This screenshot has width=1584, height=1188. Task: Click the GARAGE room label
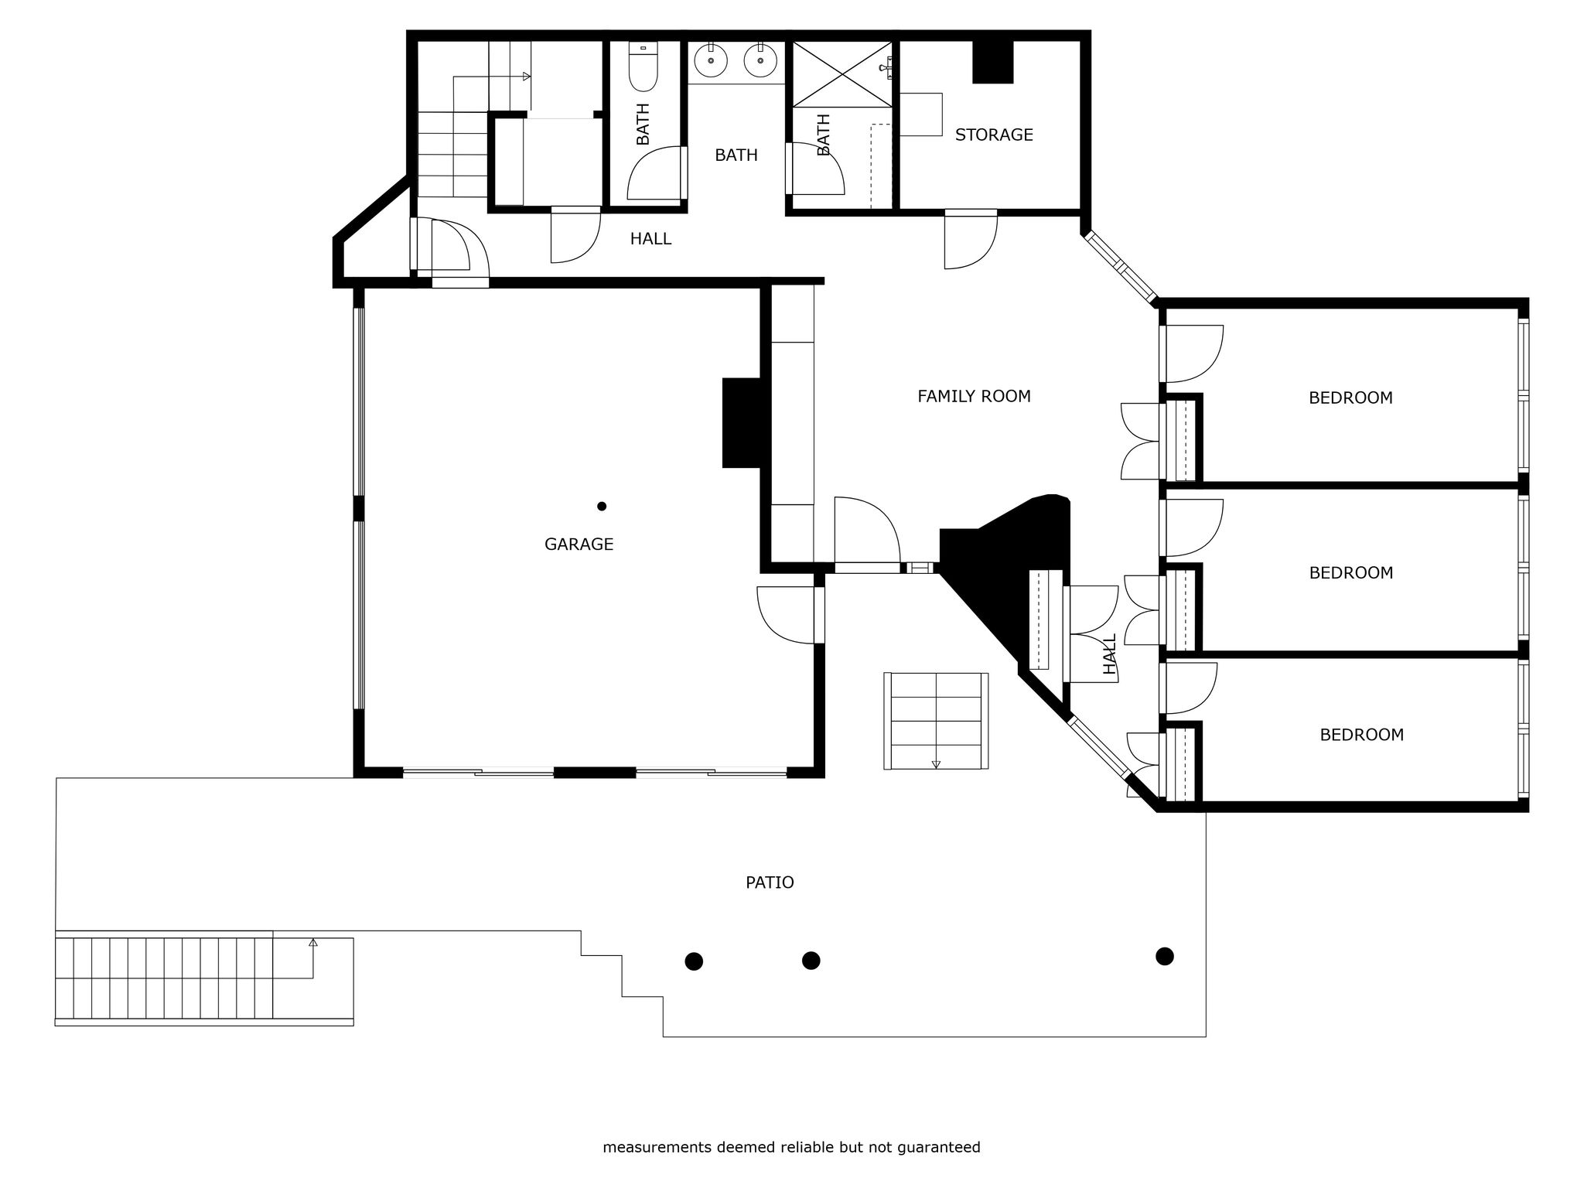coord(579,544)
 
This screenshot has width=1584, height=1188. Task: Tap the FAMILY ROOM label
coord(974,397)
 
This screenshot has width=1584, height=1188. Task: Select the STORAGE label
coord(994,135)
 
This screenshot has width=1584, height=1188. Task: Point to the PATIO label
coord(770,882)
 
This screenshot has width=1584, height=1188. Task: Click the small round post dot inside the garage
coord(602,507)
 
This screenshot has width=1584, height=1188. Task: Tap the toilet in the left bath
coord(643,67)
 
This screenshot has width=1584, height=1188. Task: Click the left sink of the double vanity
coord(711,60)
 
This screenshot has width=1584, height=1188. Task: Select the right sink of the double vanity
coord(760,60)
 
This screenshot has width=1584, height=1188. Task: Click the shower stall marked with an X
coord(842,74)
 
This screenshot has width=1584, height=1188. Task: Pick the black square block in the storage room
coord(992,62)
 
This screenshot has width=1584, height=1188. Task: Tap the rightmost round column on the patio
coord(1164,957)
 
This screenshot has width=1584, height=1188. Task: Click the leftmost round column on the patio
coord(694,961)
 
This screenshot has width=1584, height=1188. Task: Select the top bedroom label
coord(1350,398)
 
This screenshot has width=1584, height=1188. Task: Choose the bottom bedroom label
coord(1361,736)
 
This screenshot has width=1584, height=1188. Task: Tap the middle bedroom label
coord(1350,573)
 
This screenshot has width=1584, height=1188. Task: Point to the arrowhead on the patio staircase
coord(313,943)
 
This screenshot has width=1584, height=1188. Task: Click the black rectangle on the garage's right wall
coord(742,423)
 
